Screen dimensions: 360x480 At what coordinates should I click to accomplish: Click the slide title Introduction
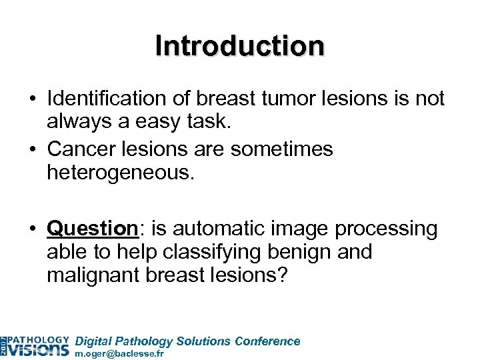[240, 46]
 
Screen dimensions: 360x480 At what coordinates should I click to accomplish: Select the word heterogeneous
[120, 173]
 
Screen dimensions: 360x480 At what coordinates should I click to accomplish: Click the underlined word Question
[91, 228]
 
